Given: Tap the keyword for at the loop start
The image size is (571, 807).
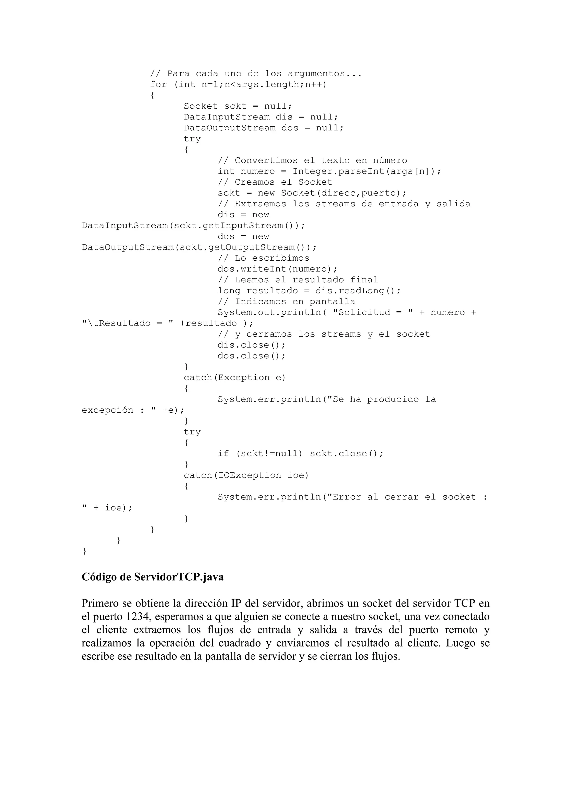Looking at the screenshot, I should (x=158, y=85).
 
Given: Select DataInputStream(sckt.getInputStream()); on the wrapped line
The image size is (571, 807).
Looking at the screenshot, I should (x=193, y=226).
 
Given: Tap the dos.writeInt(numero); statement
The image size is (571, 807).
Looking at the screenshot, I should (x=277, y=269).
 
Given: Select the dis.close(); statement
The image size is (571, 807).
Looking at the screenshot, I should (x=251, y=345).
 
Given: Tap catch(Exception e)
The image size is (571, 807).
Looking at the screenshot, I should (x=235, y=378).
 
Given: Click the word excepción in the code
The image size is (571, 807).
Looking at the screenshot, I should (x=107, y=410).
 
